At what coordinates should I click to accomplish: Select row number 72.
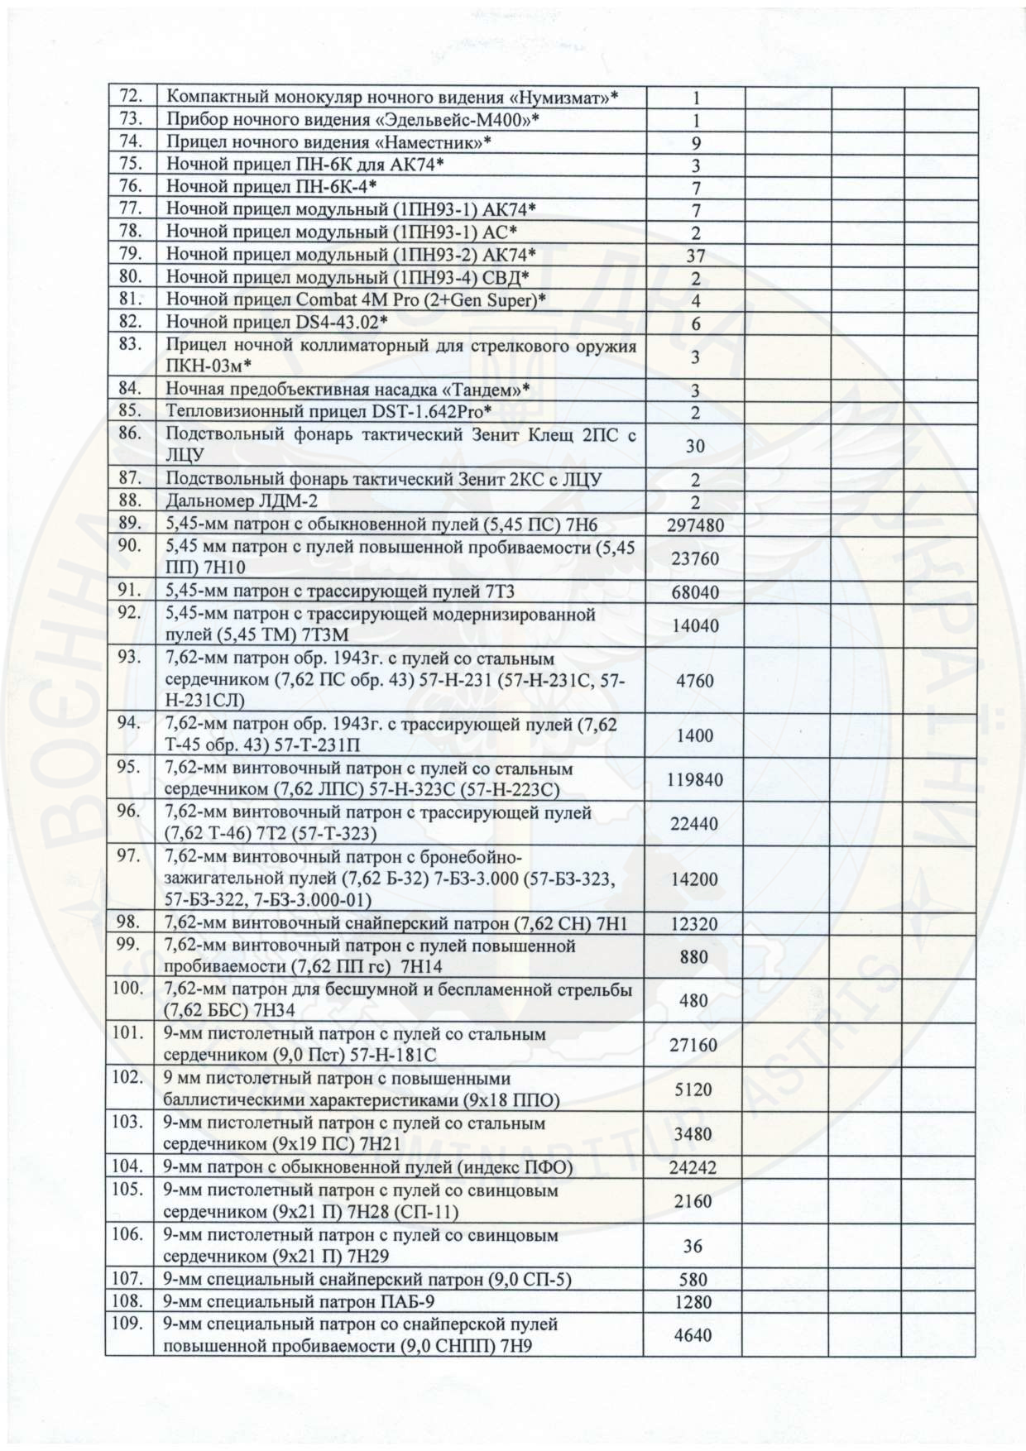coord(132,96)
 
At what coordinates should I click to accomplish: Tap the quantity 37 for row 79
coord(695,256)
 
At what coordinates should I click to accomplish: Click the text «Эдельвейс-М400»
coord(463,120)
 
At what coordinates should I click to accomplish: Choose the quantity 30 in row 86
coord(695,446)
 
